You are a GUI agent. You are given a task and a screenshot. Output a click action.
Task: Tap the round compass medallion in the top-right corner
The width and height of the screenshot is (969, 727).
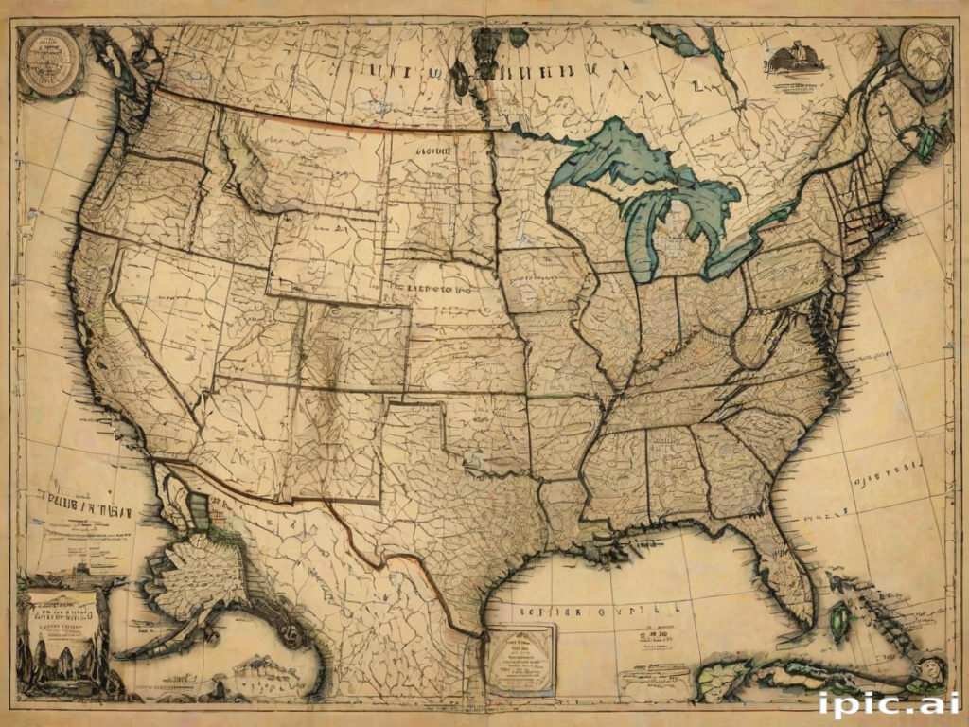[x=925, y=55]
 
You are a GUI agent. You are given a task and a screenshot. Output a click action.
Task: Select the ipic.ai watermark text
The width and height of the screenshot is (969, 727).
[x=889, y=703]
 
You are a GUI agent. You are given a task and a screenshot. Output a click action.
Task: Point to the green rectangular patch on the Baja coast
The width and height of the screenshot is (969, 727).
[x=200, y=512]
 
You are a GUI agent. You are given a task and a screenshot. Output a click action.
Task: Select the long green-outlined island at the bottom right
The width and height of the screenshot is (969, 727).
[x=804, y=674]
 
